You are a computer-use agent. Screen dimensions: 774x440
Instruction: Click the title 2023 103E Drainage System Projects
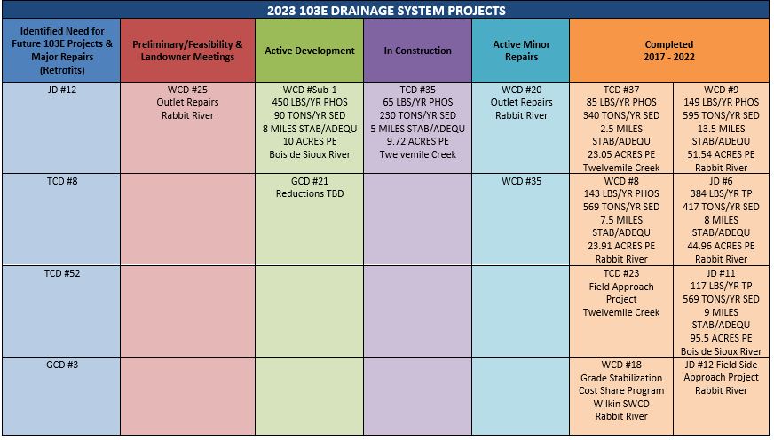(x=386, y=10)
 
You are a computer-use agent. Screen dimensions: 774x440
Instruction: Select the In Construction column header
(x=417, y=51)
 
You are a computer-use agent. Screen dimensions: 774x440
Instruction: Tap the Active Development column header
(x=310, y=51)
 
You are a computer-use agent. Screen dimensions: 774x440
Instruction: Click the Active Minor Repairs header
(x=521, y=51)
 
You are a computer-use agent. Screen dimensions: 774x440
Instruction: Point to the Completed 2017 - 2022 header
(x=669, y=51)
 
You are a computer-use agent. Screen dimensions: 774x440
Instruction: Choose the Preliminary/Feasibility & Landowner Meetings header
(x=187, y=51)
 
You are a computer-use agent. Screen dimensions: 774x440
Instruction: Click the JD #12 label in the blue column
(x=62, y=90)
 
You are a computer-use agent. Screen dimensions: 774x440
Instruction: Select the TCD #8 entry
(x=62, y=181)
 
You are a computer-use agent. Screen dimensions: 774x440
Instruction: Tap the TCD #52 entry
(x=62, y=273)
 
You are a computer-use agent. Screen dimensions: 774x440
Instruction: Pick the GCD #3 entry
(x=62, y=365)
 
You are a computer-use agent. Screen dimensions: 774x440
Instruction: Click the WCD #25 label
(x=187, y=90)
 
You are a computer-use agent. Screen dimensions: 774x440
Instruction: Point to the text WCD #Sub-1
(x=310, y=90)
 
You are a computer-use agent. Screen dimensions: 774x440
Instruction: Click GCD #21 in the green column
(x=310, y=181)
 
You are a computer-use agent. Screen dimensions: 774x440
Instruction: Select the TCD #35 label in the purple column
(x=417, y=90)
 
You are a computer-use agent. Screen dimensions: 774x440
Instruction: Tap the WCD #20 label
(x=521, y=90)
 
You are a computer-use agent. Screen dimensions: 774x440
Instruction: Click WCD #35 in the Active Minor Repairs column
(x=521, y=181)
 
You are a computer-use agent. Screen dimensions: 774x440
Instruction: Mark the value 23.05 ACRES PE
(x=621, y=154)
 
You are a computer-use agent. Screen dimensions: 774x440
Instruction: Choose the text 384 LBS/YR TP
(x=721, y=193)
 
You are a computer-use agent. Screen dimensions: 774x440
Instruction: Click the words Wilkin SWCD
(x=621, y=404)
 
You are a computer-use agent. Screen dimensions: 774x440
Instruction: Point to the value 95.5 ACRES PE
(x=721, y=338)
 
